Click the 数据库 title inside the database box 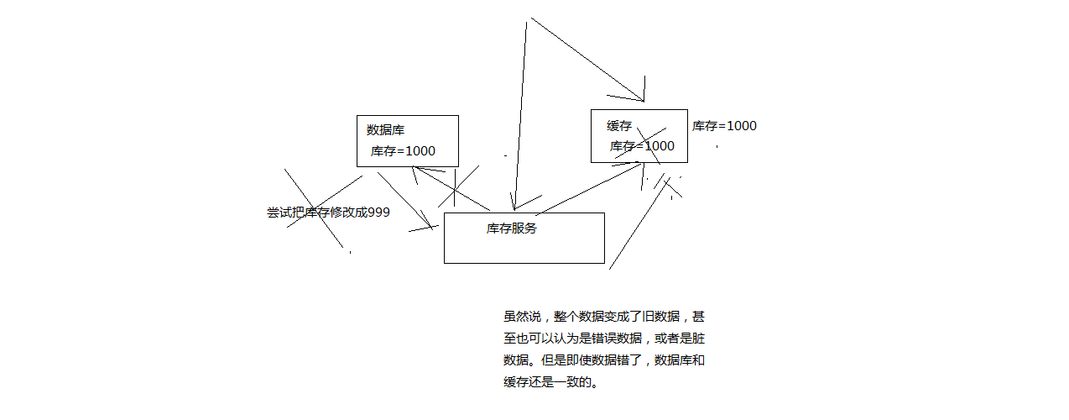[x=386, y=130]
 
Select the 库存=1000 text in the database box [x=403, y=151]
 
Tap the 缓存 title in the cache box [x=619, y=126]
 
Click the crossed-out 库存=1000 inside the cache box [x=642, y=146]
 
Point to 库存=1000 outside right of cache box [x=724, y=126]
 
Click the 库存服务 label [x=512, y=228]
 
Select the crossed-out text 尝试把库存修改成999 [x=328, y=213]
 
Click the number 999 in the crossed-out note [x=379, y=213]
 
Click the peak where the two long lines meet [x=529, y=19]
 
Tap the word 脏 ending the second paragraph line [x=699, y=339]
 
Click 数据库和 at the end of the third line [x=680, y=360]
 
